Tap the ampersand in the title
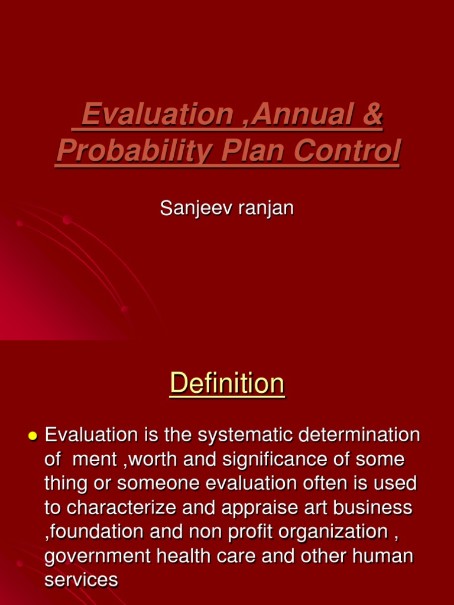371,114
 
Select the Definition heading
227,384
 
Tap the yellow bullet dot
33,436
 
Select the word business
377,508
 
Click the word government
95,556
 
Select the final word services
81,580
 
